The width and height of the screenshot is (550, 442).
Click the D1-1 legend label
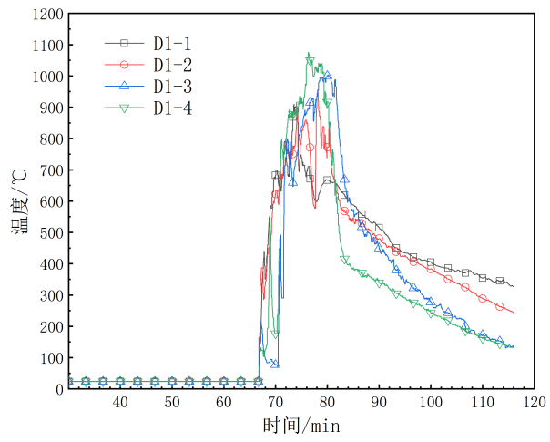[171, 43]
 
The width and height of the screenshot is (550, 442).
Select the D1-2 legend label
[171, 65]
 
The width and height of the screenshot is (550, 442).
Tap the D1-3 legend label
[171, 87]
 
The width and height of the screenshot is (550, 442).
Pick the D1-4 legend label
[171, 108]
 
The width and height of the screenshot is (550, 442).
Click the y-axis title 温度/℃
[20, 201]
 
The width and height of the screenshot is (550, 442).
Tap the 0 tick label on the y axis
[60, 389]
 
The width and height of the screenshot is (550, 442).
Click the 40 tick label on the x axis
[119, 402]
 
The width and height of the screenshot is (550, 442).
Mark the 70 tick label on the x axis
[275, 402]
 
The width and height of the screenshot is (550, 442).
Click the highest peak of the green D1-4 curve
[309, 55]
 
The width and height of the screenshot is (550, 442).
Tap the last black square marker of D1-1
[499, 281]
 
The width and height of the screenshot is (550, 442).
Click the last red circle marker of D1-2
[499, 307]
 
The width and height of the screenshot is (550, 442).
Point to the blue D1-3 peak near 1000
[328, 76]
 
